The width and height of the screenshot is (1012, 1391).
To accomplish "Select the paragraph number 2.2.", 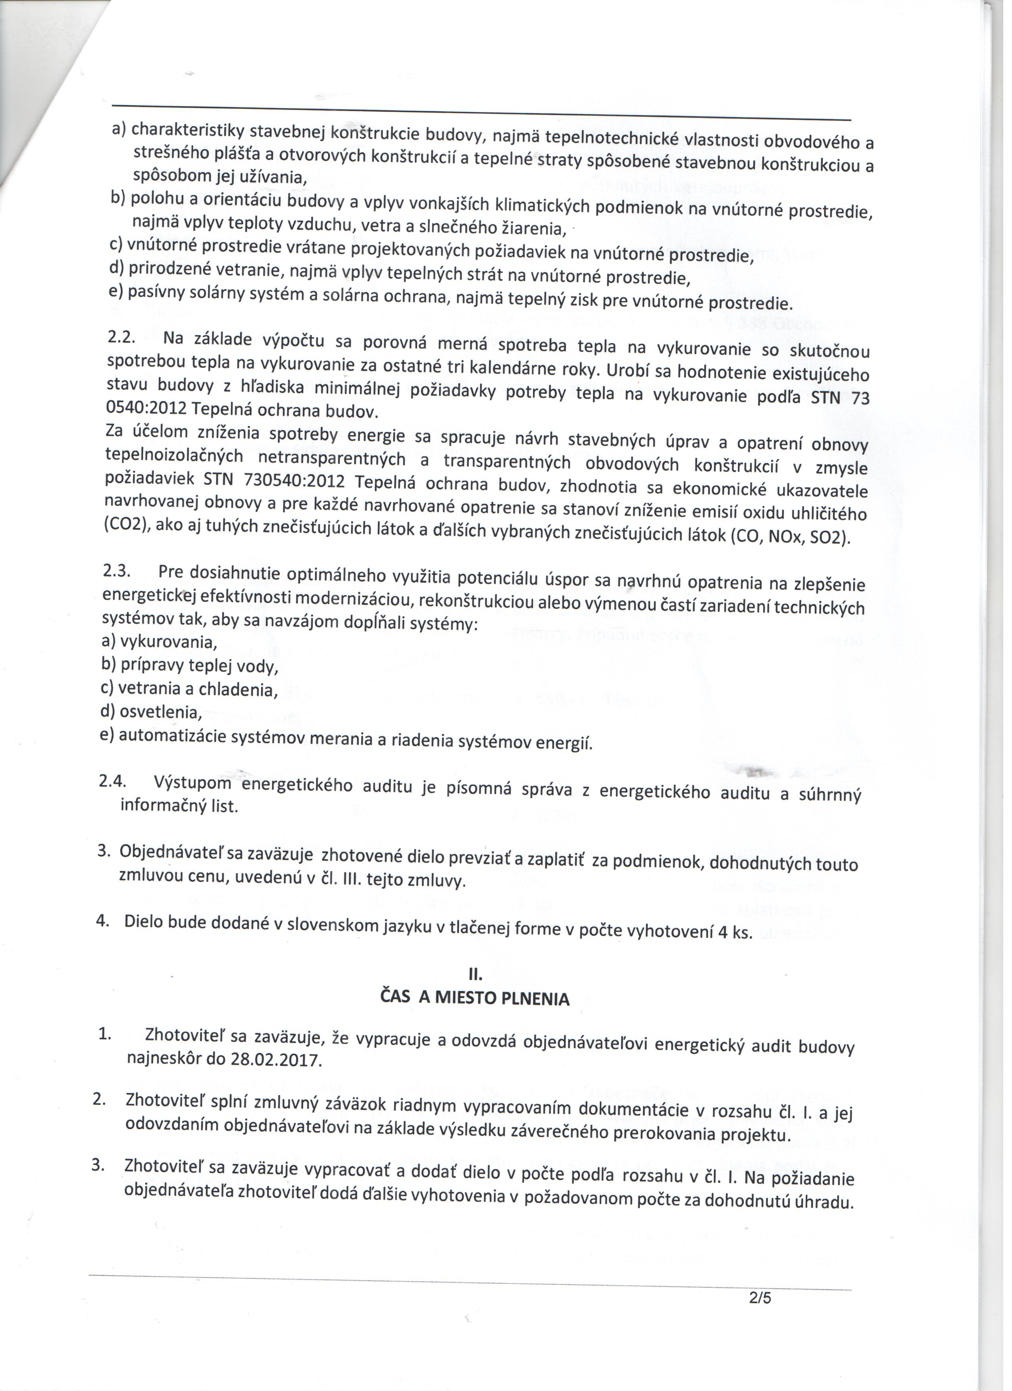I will click(121, 337).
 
